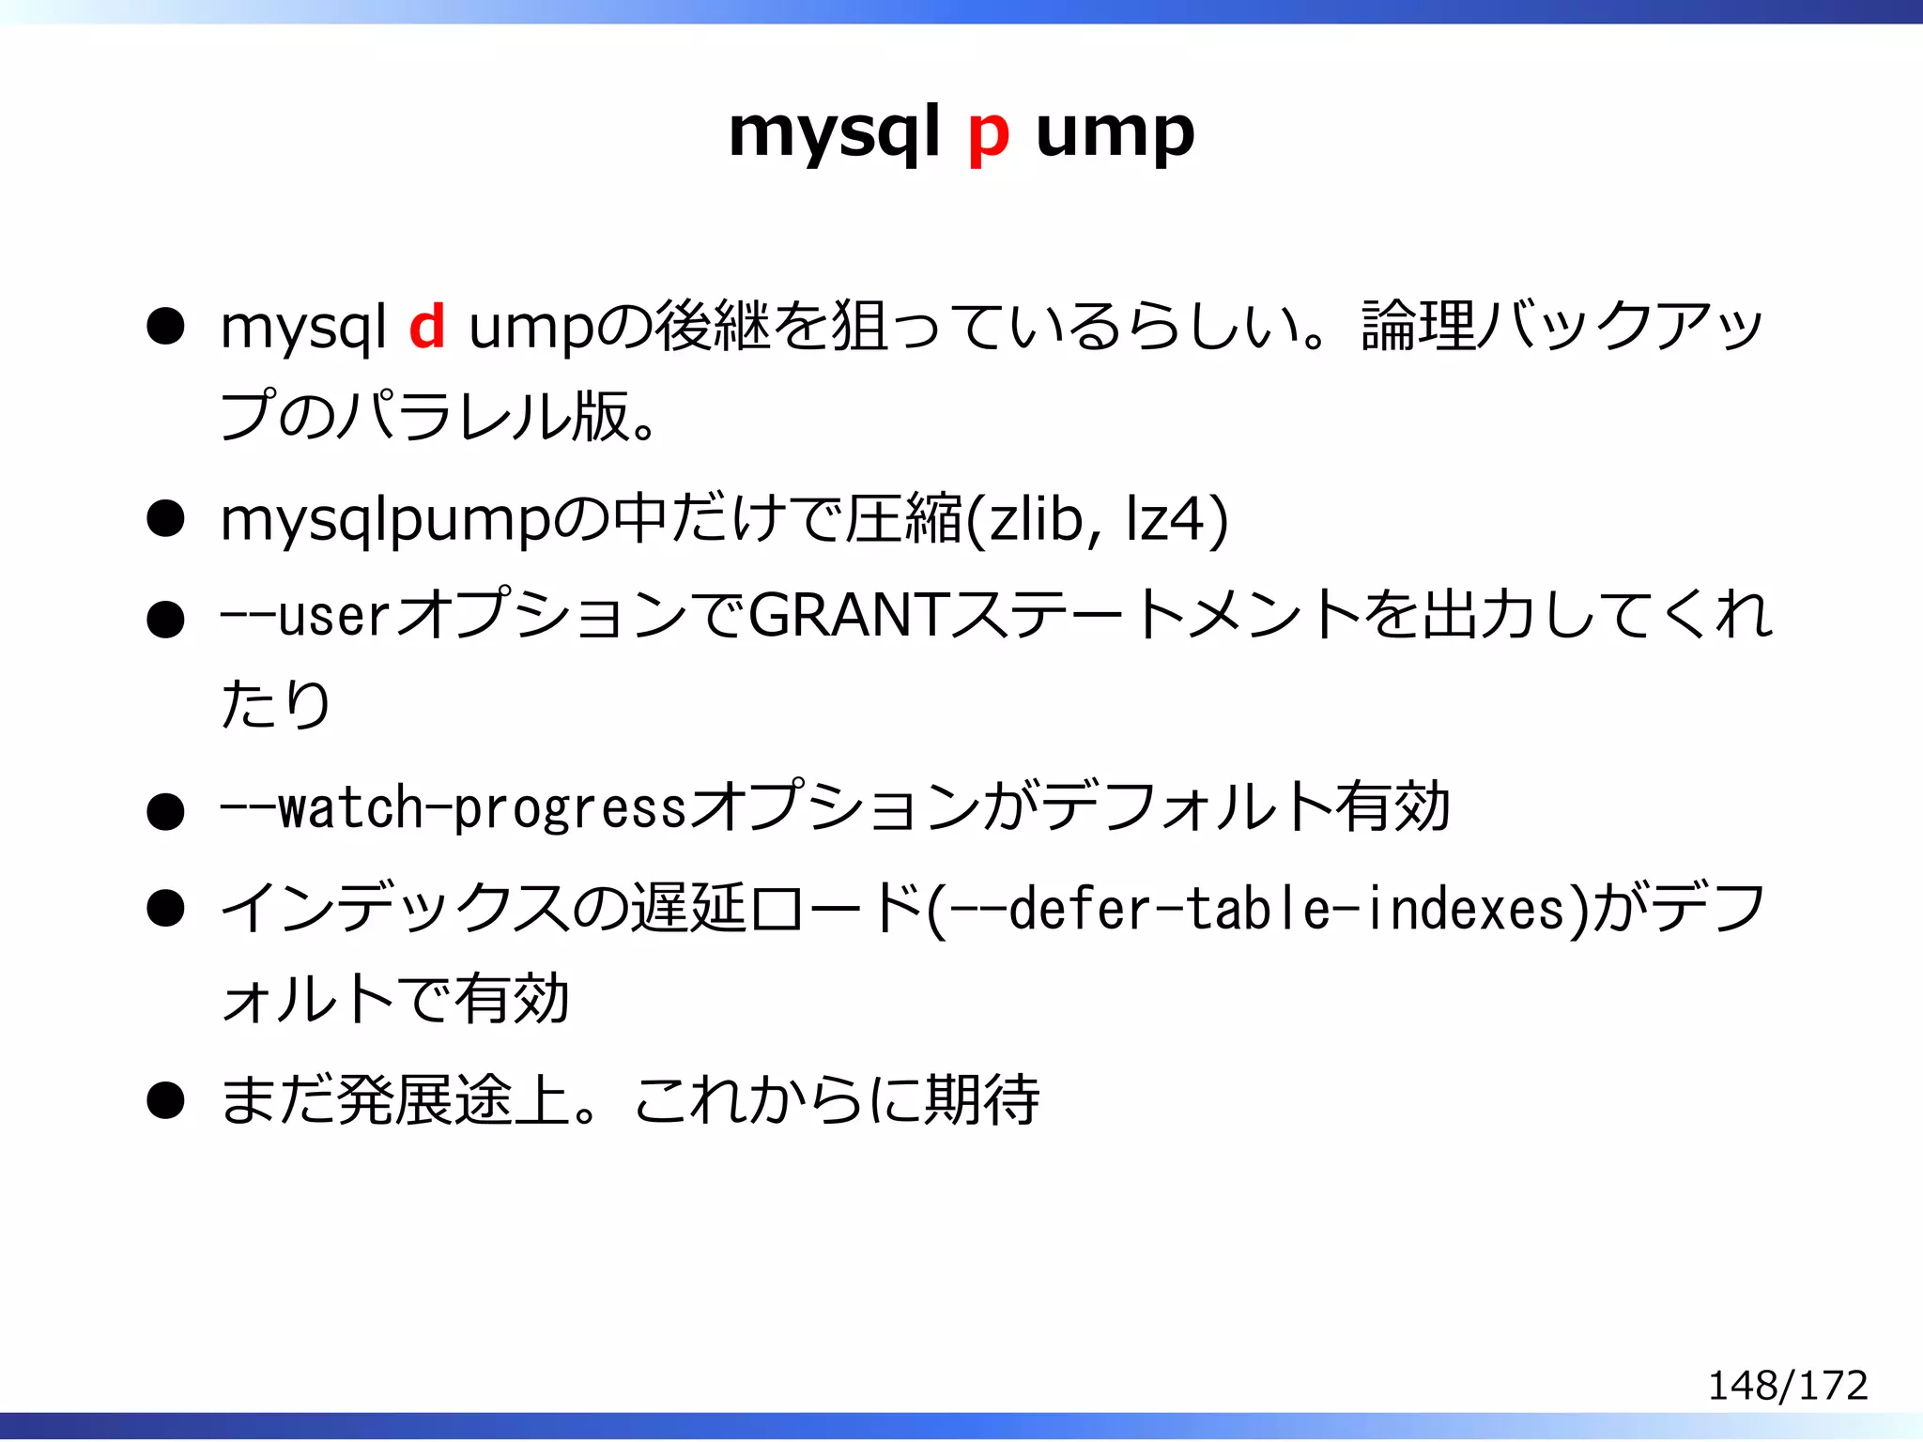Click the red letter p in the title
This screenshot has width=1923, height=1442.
point(989,134)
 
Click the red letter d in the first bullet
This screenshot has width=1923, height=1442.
point(427,327)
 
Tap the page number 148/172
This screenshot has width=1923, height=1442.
point(1787,1385)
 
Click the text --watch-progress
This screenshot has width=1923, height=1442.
point(453,807)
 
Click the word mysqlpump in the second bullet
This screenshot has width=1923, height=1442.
point(385,520)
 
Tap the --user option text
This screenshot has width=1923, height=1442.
point(304,617)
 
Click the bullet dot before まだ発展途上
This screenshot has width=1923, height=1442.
point(165,1100)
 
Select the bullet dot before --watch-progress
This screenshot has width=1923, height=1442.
point(165,811)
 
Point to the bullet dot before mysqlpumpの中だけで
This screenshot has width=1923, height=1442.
point(165,519)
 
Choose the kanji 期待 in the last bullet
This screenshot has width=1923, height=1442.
point(982,1099)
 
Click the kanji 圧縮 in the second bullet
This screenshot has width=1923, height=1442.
point(903,518)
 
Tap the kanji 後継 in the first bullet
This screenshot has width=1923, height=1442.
point(713,327)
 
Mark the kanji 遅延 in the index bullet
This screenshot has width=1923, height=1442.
point(688,909)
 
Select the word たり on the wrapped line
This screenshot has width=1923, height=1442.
point(275,703)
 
